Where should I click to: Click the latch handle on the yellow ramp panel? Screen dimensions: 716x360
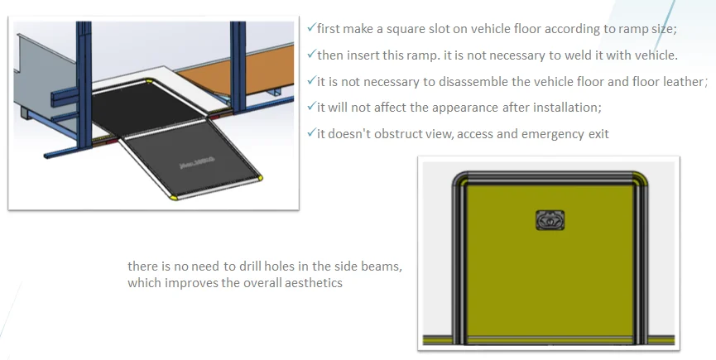pos(550,220)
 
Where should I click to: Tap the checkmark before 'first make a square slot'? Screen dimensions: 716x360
pos(311,27)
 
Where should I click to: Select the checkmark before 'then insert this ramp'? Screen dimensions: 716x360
pos(311,54)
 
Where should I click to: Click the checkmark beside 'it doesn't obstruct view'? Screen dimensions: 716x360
pos(311,132)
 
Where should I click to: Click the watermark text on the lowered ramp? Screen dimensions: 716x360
pos(197,163)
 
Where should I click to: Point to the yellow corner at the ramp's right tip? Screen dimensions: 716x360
pos(260,177)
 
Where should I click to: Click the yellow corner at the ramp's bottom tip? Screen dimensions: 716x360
pos(174,197)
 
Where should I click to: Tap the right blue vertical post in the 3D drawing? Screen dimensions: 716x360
pos(238,67)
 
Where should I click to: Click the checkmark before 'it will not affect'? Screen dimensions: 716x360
pos(311,106)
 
